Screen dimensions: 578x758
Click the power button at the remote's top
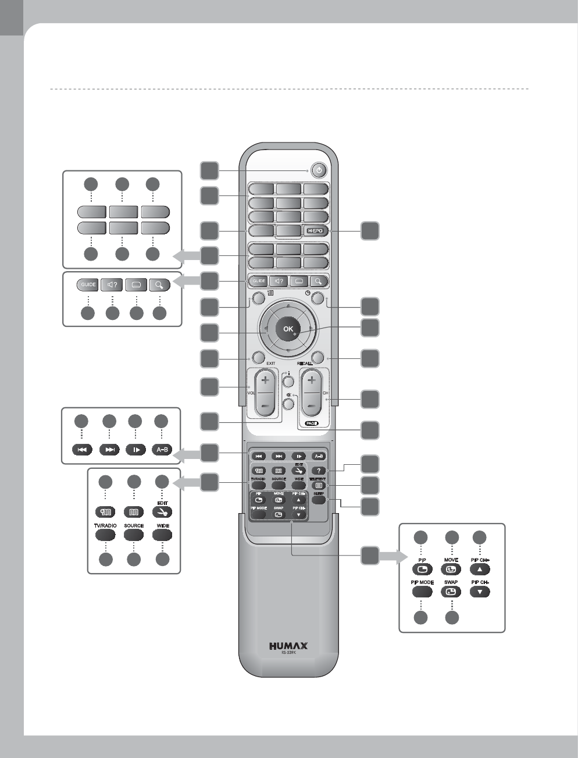pos(318,171)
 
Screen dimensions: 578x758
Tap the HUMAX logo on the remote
pos(288,645)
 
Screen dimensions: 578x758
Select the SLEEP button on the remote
pos(318,499)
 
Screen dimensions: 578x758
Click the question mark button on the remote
pos(318,471)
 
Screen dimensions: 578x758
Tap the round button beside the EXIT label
pos(259,357)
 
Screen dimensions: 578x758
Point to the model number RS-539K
pos(288,653)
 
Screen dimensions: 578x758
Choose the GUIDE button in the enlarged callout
pos(88,285)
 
